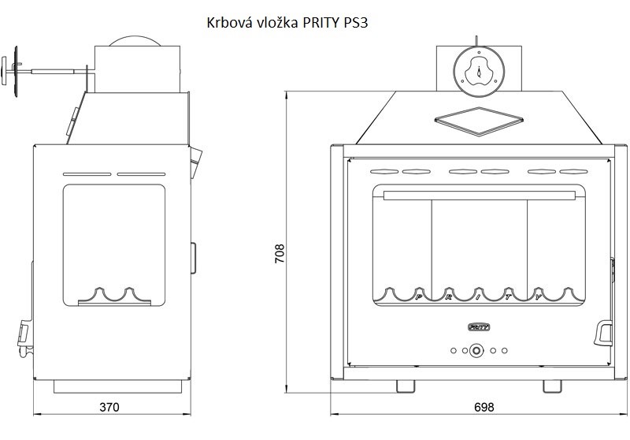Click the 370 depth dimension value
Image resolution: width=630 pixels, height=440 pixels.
tap(109, 407)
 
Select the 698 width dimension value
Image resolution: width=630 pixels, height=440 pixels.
tap(484, 407)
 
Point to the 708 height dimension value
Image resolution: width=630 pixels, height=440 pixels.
tap(280, 253)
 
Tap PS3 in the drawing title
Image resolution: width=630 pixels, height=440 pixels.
tap(356, 23)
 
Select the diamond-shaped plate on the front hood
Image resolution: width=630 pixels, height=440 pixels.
tap(479, 121)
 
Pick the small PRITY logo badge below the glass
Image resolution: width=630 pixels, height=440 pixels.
tap(479, 327)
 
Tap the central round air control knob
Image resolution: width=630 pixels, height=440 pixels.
tap(477, 350)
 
